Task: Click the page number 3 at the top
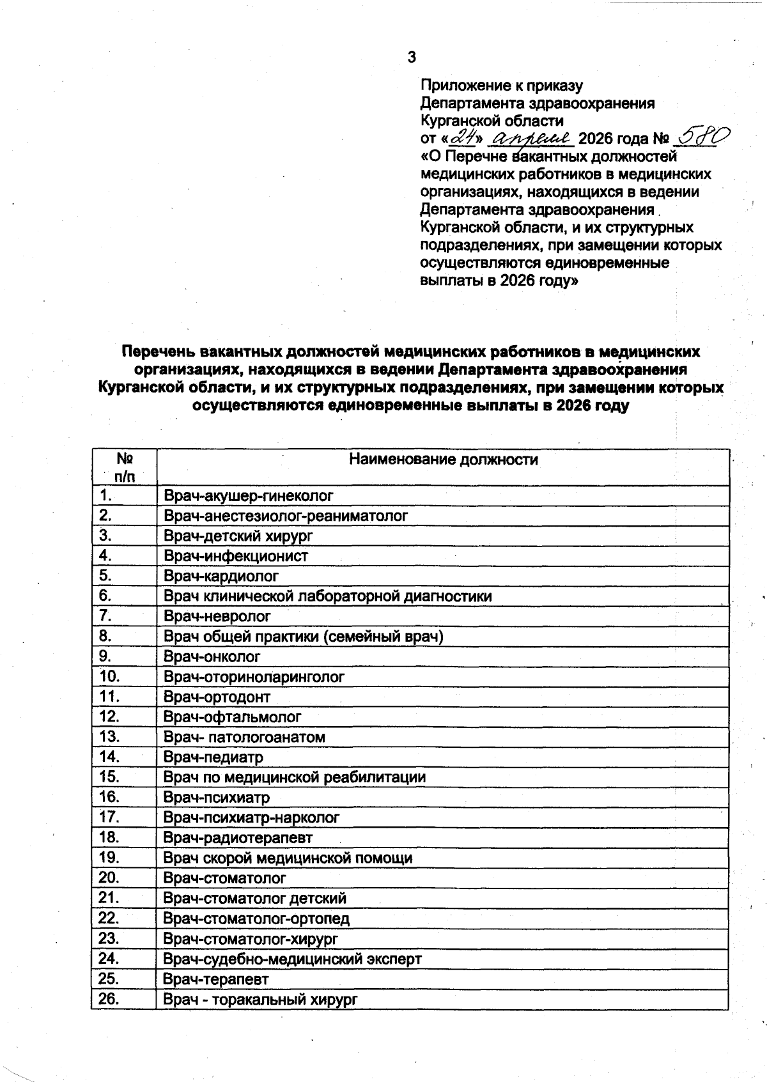click(x=412, y=58)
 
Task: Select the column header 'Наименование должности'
click(x=443, y=460)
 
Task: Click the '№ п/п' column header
click(x=125, y=467)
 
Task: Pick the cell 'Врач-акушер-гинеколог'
click(x=249, y=495)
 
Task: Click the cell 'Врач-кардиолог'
click(x=221, y=576)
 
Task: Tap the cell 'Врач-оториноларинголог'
click(x=254, y=676)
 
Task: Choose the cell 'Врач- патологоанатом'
click(x=244, y=737)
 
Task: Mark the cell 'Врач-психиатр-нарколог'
click(x=251, y=817)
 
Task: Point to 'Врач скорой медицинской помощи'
click(x=288, y=858)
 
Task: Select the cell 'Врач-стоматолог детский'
click(x=254, y=898)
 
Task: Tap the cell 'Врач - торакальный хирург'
click(x=260, y=1000)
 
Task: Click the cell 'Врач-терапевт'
click(x=216, y=979)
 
